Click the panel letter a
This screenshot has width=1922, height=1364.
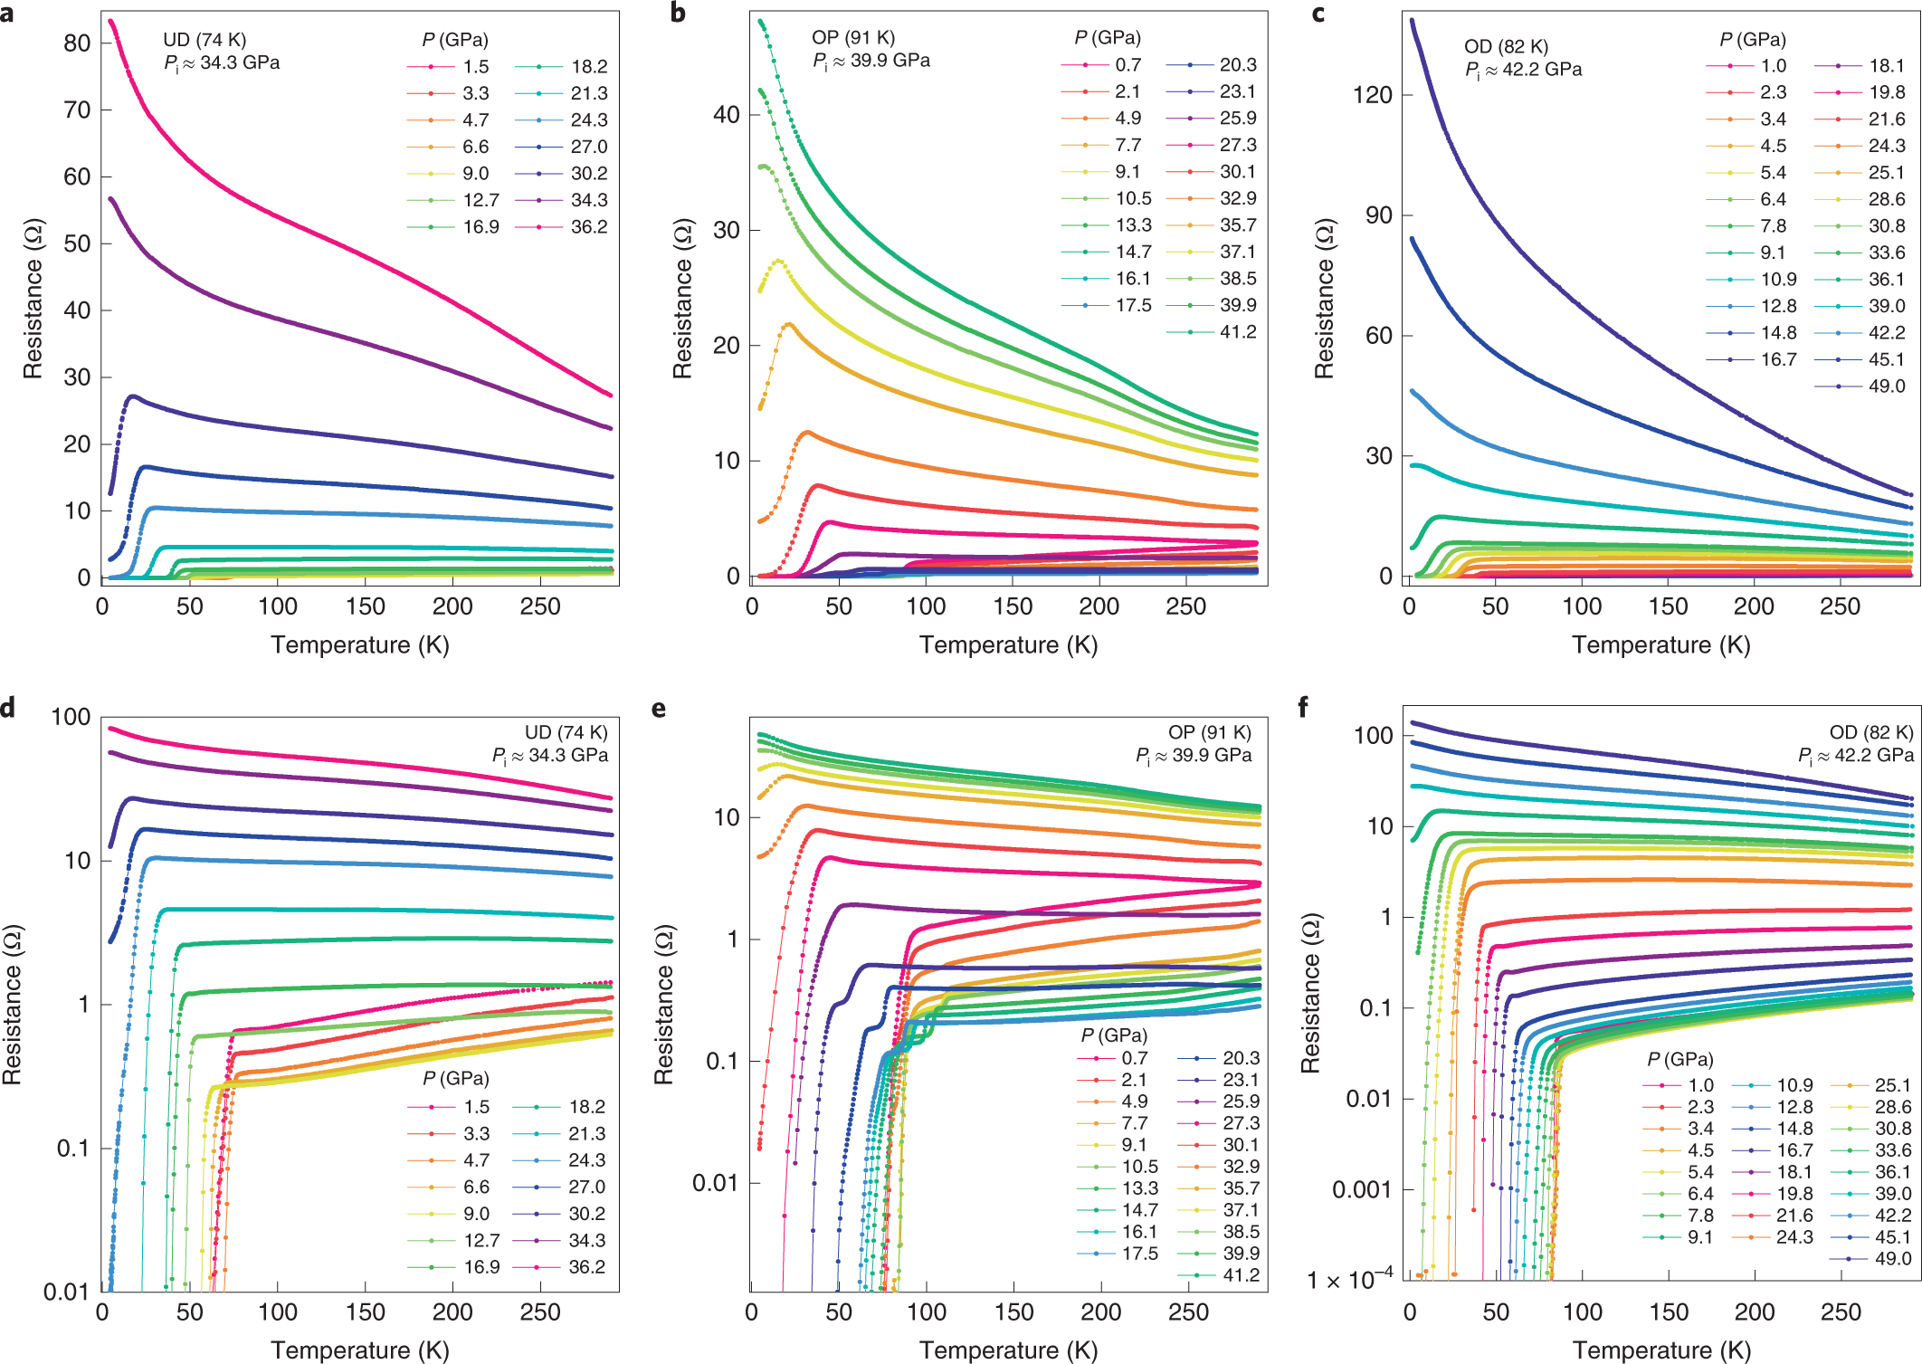7,14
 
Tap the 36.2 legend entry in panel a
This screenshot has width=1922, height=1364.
588,227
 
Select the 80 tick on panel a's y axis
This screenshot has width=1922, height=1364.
77,43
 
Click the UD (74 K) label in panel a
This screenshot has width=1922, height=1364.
205,40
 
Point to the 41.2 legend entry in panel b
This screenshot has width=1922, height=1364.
1237,332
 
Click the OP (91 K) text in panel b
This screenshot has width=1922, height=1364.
852,37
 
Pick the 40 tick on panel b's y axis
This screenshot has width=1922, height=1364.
727,115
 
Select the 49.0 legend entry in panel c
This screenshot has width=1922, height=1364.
1886,386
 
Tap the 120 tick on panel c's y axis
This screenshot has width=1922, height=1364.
1372,95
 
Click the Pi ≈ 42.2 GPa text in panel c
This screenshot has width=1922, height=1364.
1523,70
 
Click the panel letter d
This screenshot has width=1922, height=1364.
8,708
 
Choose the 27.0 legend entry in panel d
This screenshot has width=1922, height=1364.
586,1187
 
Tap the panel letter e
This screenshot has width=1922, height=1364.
659,708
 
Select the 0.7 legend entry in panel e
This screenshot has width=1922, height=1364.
1134,1058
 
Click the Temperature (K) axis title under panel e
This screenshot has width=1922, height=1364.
1008,1350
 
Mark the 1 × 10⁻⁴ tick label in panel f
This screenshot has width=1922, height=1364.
1349,1281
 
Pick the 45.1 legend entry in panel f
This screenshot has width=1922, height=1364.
1892,1237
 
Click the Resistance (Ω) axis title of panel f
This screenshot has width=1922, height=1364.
1310,993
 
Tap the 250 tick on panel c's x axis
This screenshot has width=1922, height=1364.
1840,607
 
